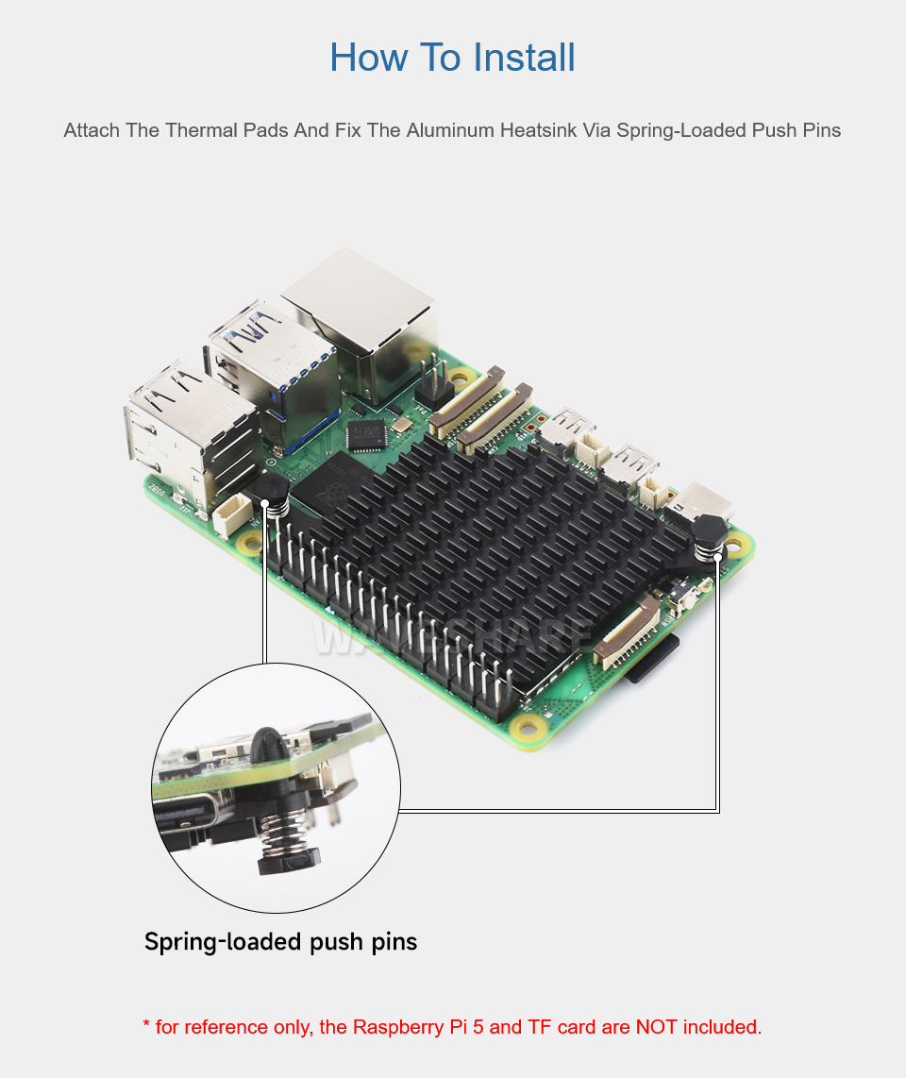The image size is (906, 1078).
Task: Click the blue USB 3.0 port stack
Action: coord(275,371)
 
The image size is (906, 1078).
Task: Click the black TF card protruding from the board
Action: coord(653,660)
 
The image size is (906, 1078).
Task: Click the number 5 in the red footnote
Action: coord(478,1026)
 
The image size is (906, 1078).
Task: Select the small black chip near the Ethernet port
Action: coord(365,434)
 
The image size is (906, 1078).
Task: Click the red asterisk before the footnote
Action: coord(146,1024)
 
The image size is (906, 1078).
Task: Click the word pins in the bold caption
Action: coord(394,943)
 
